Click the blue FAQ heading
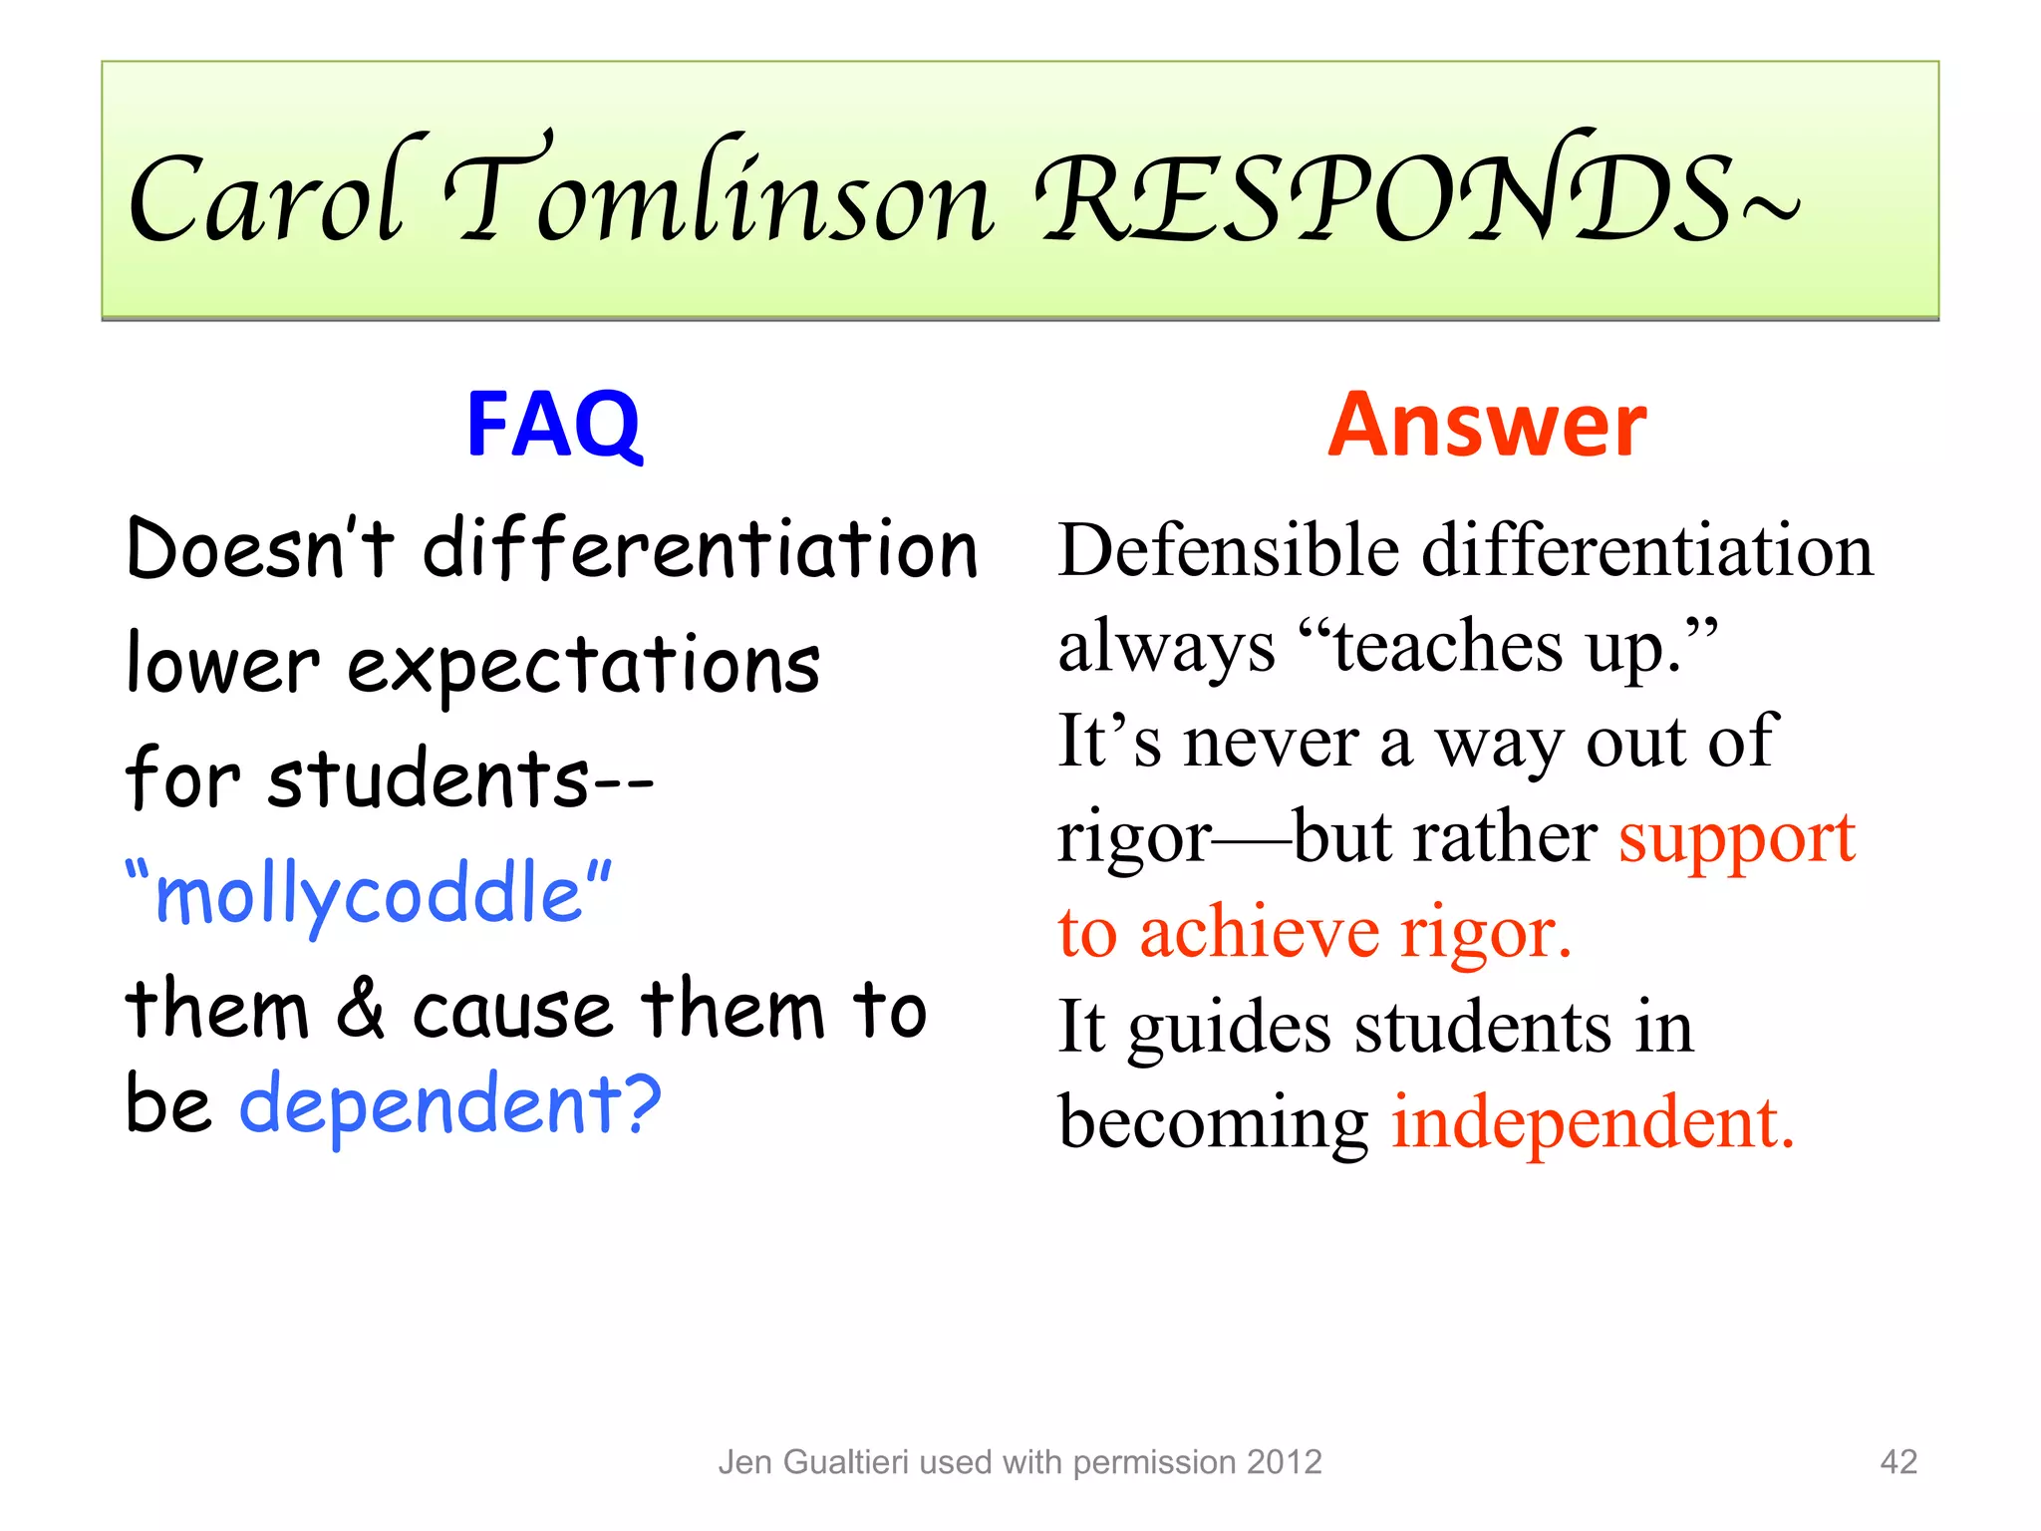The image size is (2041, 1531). coord(554,425)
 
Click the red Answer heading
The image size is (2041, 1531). coord(1487,425)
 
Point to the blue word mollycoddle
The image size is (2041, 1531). coord(369,893)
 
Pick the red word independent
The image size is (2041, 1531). coord(1593,1122)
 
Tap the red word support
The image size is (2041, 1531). coord(1736,837)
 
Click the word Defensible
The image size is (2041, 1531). coord(1229,550)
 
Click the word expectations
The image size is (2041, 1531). coord(583,666)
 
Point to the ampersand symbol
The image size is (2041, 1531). coord(360,1009)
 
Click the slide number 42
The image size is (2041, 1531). coord(1897,1461)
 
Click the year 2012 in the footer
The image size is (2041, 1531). coord(1284,1462)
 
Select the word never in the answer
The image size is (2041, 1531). coord(1271,743)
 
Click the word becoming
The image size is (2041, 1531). coord(1213,1124)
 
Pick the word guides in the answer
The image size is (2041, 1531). coord(1229,1029)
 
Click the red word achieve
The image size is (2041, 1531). coord(1259,933)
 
